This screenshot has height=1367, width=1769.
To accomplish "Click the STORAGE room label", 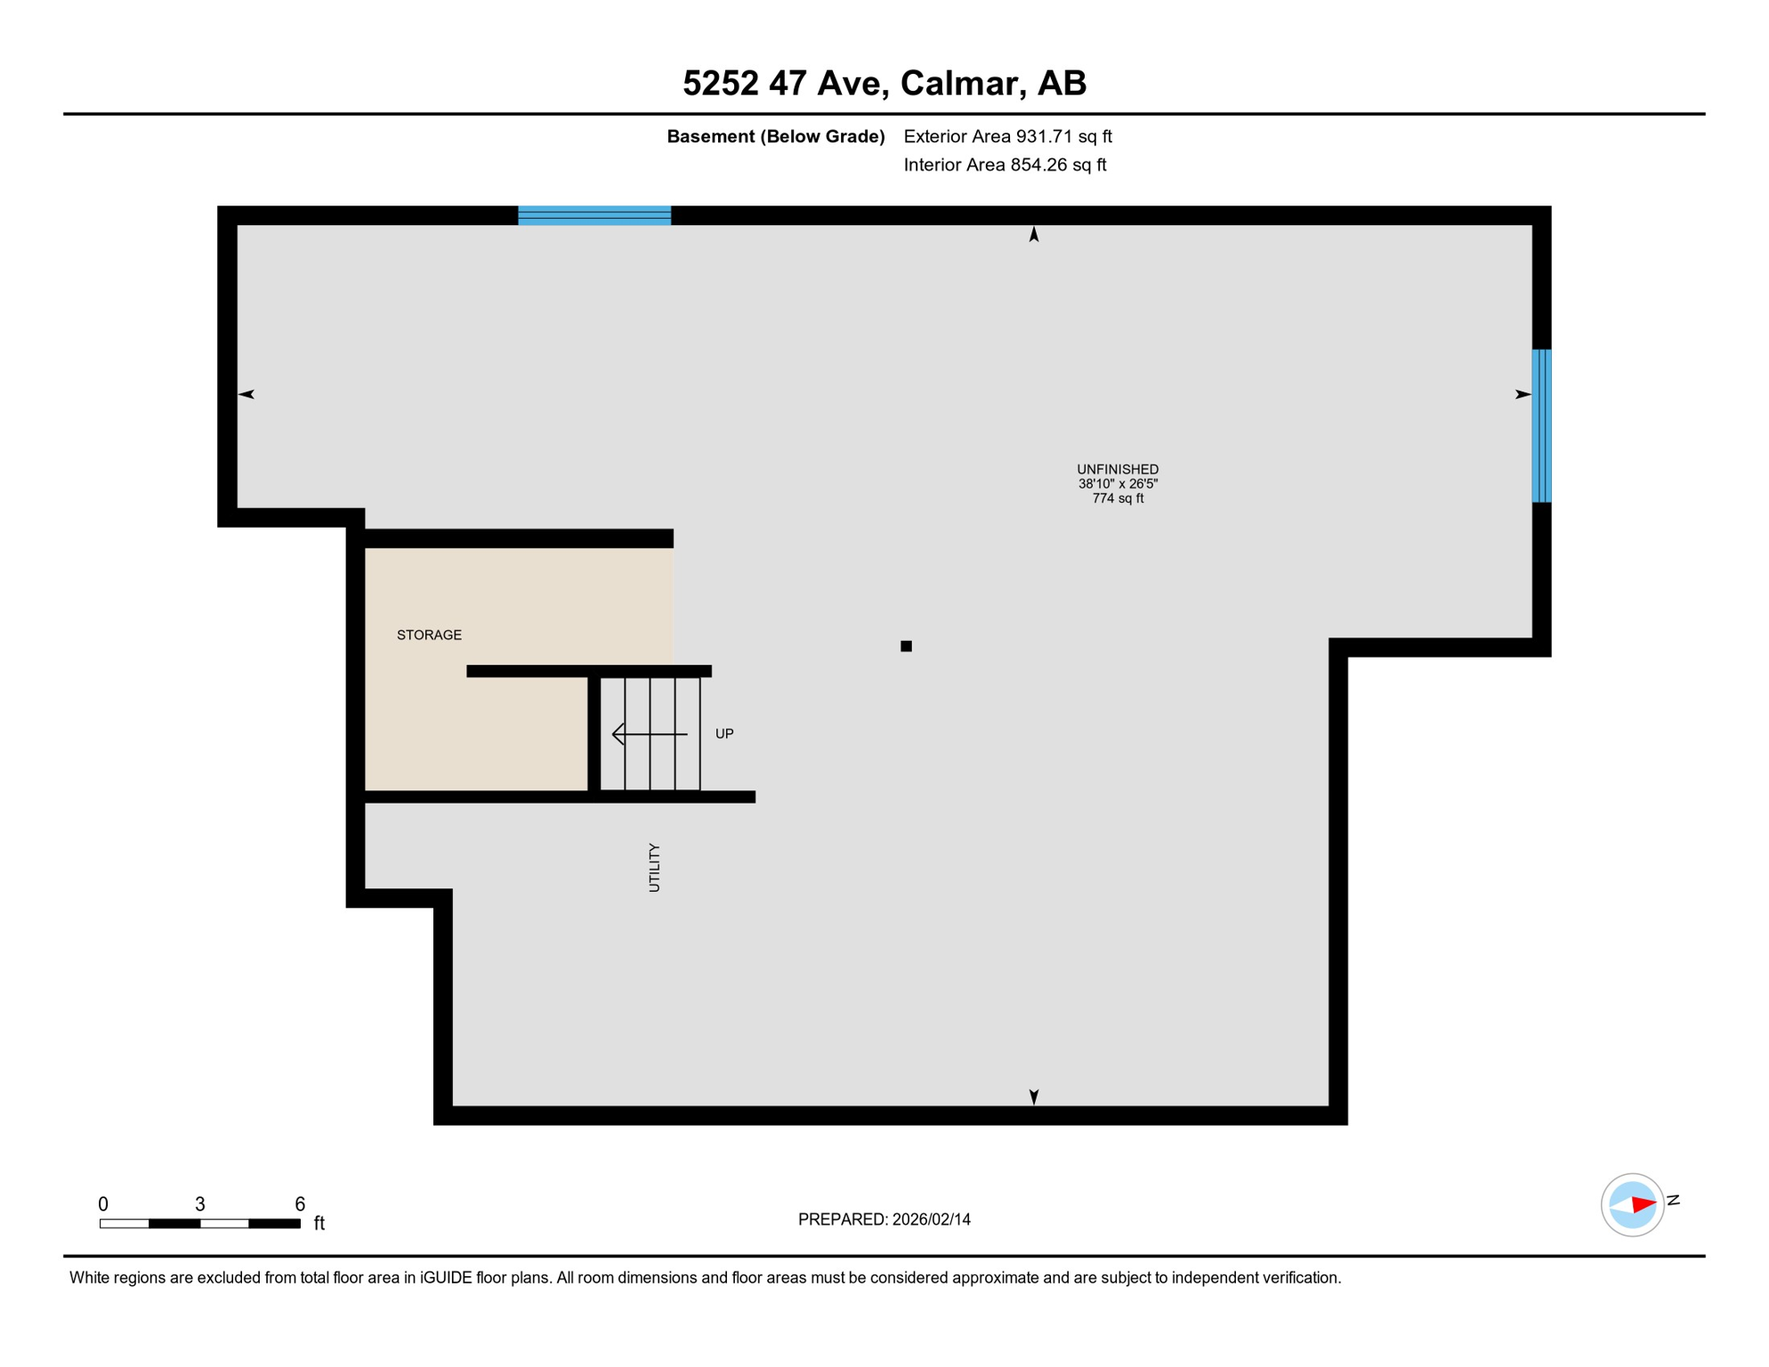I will point(429,635).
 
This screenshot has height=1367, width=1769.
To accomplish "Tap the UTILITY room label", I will point(654,868).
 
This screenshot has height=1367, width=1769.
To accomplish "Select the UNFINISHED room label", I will point(1118,469).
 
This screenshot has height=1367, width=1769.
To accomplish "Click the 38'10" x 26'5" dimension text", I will point(1118,484).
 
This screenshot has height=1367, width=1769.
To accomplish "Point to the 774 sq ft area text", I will point(1118,498).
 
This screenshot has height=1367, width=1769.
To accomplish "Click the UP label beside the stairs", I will point(724,733).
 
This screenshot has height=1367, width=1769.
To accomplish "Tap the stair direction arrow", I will point(649,734).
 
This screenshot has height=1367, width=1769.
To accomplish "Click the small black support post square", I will point(906,646).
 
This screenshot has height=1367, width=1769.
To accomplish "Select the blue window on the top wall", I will point(594,215).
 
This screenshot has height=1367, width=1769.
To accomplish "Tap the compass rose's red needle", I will point(1643,1204).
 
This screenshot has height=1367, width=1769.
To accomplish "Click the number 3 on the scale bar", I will point(200,1204).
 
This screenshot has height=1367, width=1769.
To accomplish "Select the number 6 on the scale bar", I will point(300,1204).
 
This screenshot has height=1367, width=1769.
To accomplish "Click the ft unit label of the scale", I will point(319,1224).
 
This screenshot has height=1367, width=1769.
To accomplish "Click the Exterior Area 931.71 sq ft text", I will point(1007,136).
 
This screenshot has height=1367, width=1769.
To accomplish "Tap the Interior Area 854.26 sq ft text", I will point(1005,165).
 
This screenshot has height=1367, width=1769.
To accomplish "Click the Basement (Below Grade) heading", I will point(775,136).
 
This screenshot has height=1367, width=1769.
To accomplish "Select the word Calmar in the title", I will point(958,83).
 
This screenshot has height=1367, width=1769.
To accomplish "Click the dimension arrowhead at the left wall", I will point(246,394).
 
